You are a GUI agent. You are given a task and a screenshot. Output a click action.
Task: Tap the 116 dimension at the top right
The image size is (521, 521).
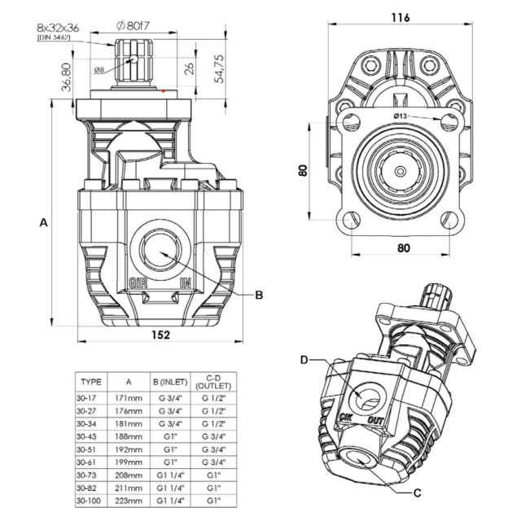point(401,17)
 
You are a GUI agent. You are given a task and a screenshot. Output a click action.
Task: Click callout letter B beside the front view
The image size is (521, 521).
point(260,294)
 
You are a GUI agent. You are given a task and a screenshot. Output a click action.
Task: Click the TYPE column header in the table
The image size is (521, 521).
point(92,381)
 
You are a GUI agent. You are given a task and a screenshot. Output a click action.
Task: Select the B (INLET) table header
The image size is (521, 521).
point(170,381)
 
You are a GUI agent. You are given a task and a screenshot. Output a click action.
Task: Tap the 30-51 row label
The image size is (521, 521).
point(87,449)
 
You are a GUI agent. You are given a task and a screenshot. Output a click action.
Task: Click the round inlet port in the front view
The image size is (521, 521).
point(160,250)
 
